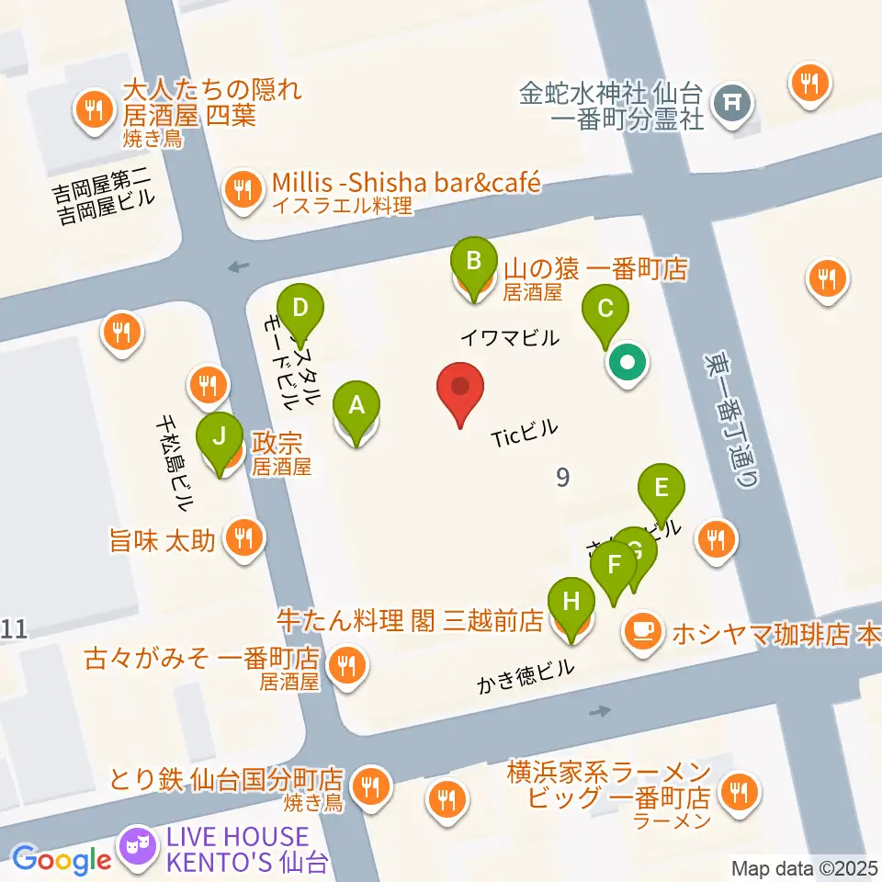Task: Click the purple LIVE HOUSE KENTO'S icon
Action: [140, 845]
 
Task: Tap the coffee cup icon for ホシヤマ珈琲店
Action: [641, 632]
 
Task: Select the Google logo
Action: [62, 860]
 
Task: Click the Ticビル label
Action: [525, 434]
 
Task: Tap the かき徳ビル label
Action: [525, 676]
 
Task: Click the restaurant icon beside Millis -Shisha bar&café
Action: [242, 191]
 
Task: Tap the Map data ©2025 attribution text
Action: [804, 867]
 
